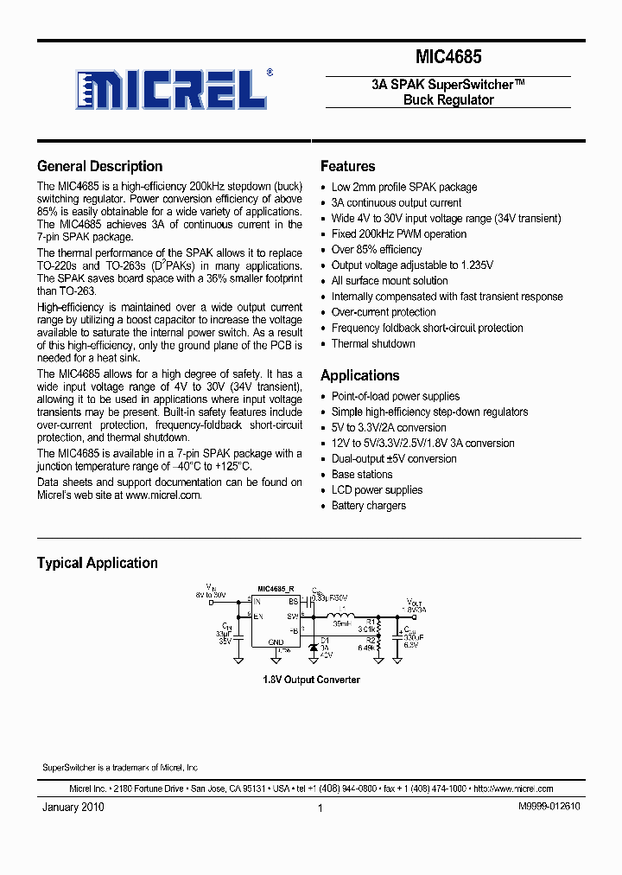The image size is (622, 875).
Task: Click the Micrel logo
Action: point(168,88)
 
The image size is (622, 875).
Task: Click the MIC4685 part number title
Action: point(448,58)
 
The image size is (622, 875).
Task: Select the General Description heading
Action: point(99,166)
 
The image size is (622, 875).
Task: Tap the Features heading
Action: point(347,166)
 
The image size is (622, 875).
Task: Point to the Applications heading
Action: point(359,375)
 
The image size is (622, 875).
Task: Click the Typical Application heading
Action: point(97,563)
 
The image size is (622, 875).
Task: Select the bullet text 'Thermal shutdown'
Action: point(373,343)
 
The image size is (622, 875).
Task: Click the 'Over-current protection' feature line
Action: point(384,312)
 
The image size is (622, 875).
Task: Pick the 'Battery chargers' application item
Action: point(368,505)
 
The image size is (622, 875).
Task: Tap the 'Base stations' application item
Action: point(362,474)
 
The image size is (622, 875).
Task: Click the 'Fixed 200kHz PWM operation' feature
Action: point(399,233)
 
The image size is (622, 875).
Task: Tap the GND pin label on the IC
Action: point(275,642)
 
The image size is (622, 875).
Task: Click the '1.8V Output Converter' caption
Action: point(311,680)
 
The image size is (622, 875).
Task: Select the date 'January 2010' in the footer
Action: point(73,807)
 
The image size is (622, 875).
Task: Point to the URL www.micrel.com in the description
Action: point(162,495)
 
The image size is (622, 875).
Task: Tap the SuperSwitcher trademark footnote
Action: point(120,768)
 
